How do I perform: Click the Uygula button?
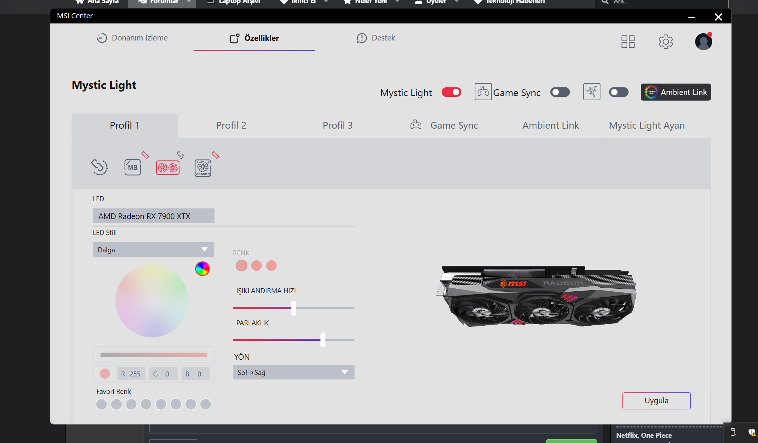tap(656, 401)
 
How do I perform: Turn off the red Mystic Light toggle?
tap(451, 92)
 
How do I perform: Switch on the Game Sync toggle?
tap(560, 92)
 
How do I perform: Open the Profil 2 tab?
tap(231, 125)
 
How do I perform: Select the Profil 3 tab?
tap(338, 125)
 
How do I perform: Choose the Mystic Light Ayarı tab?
tap(647, 125)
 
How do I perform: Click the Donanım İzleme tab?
tap(133, 38)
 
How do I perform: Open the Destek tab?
tap(376, 38)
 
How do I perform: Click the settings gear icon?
tap(666, 42)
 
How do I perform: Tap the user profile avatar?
tap(703, 42)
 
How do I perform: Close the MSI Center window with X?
tap(718, 17)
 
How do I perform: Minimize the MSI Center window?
tap(692, 17)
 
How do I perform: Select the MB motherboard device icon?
tap(133, 167)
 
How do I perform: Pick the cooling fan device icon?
tap(203, 168)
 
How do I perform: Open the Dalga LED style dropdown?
tap(153, 250)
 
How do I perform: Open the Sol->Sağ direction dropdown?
tap(294, 372)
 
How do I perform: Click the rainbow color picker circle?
tap(202, 269)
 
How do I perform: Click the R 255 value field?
tap(131, 374)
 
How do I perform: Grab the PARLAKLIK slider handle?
tap(323, 340)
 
